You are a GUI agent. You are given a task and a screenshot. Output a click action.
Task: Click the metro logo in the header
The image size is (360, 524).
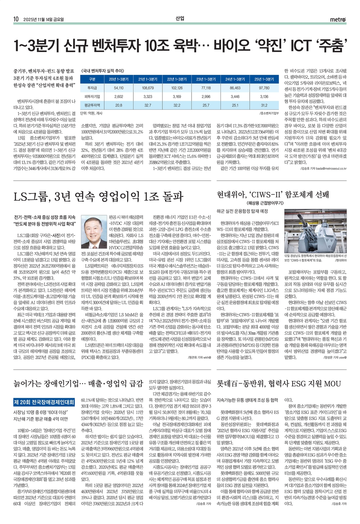click(338, 19)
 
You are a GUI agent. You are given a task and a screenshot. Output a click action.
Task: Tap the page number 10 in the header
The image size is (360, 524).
click(16, 19)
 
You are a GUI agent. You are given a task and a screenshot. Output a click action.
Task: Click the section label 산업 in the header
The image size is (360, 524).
click(180, 18)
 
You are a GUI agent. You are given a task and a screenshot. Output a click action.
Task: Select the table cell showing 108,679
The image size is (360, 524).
click(148, 88)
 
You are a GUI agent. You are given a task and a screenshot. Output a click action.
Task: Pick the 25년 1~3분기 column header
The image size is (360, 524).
click(264, 79)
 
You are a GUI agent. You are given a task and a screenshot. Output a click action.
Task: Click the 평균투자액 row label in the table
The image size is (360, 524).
click(92, 105)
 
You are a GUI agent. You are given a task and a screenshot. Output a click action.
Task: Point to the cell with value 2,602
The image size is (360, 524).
click(119, 96)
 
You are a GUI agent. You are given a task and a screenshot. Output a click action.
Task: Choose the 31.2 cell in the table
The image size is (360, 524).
click(264, 105)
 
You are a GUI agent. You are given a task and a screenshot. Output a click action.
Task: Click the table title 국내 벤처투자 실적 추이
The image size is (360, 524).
click(102, 71)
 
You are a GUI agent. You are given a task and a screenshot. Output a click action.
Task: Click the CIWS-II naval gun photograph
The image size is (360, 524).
click(315, 231)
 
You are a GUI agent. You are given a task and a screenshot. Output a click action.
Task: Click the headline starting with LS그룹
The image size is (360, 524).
click(98, 196)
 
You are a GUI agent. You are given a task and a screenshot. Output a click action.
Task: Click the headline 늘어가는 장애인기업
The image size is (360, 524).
click(78, 383)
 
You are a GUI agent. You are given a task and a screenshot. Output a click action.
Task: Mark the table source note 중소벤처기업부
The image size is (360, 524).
click(270, 113)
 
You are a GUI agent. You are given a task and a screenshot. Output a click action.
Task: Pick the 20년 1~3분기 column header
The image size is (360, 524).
click(119, 79)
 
